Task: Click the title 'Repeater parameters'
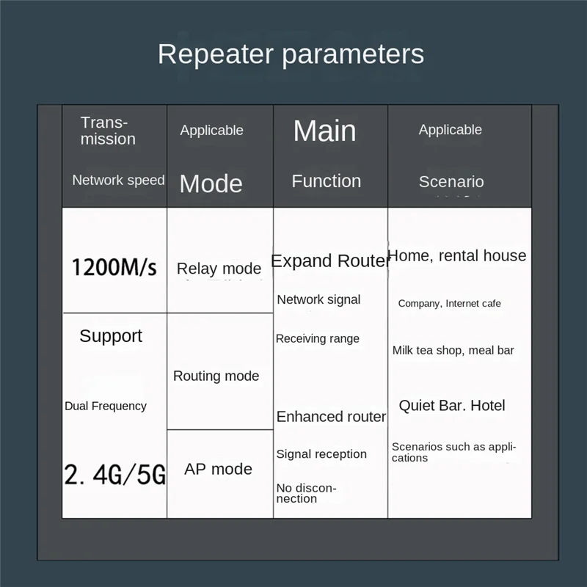click(291, 54)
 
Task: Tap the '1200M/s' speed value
click(114, 267)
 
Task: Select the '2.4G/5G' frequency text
click(114, 475)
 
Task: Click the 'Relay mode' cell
click(219, 269)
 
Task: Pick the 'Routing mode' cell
click(216, 376)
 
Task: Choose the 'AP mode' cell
click(218, 469)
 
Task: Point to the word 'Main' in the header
click(324, 131)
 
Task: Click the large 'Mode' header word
click(211, 183)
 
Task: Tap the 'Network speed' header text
click(118, 180)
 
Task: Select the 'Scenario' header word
click(451, 182)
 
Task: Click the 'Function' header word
click(327, 181)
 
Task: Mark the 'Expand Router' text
click(329, 261)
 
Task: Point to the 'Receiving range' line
click(318, 339)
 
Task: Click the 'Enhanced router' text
click(331, 417)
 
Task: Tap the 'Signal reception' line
click(321, 454)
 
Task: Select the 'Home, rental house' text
click(457, 256)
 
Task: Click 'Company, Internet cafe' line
click(449, 304)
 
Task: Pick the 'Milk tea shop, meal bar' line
click(453, 351)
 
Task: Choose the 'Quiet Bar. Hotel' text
click(452, 406)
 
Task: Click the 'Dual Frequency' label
click(106, 406)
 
